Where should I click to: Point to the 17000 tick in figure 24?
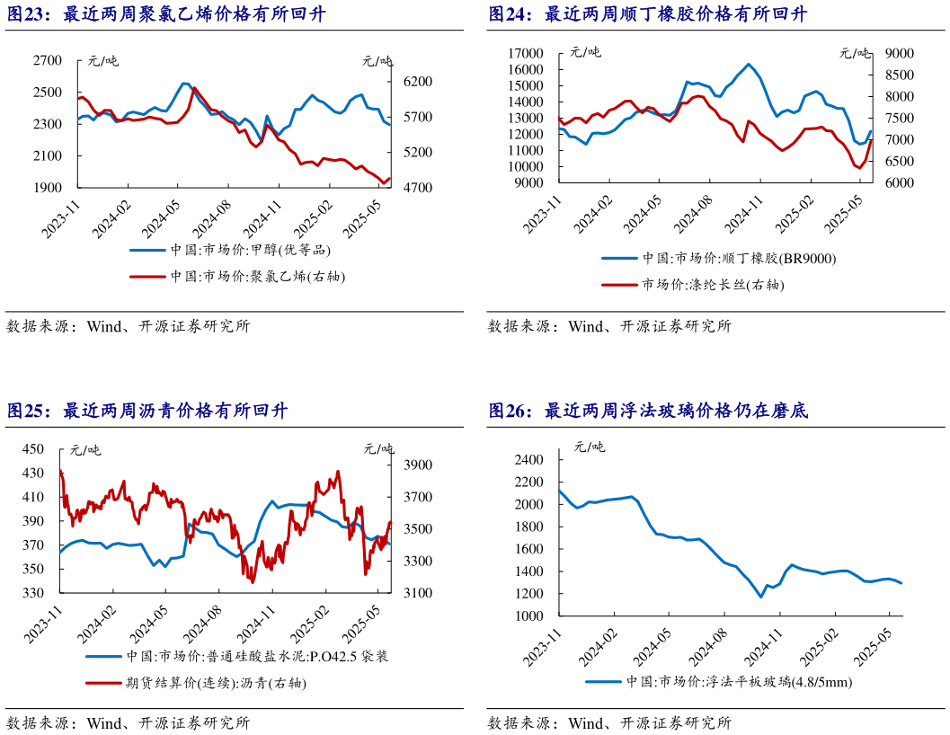(x=523, y=54)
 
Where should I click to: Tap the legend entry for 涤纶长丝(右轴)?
(x=711, y=285)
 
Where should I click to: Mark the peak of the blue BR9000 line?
(x=749, y=64)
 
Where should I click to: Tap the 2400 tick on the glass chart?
(x=530, y=460)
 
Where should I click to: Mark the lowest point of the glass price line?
(x=761, y=597)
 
